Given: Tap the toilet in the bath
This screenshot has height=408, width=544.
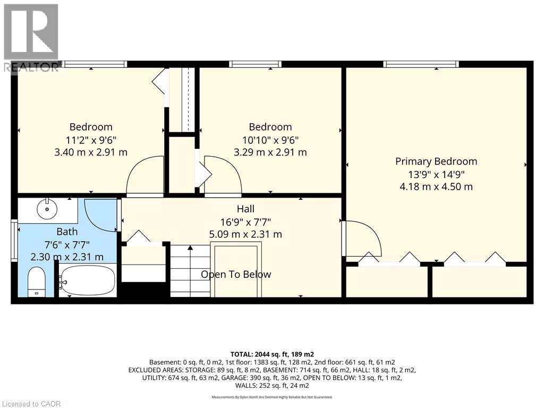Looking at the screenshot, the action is [37, 282].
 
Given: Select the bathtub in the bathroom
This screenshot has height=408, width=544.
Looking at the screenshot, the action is [87, 280].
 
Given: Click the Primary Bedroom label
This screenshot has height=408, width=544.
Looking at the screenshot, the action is [436, 161].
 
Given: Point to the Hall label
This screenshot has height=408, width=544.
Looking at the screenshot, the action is [245, 209].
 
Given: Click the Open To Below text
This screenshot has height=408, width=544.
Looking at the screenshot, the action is [236, 275].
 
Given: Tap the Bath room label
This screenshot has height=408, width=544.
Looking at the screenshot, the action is [67, 232].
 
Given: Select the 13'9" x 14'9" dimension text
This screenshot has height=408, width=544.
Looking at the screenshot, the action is [436, 174].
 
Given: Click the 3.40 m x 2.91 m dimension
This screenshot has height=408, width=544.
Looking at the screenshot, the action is [91, 152].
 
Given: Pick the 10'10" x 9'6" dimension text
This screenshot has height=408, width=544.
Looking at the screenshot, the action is [270, 140].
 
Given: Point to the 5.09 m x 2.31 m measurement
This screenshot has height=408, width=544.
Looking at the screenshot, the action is [245, 234].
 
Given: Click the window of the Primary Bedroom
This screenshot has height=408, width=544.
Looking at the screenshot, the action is [421, 64].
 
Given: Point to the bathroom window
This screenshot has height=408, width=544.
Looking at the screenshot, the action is [14, 241].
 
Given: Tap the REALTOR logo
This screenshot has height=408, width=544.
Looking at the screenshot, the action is [31, 37].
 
